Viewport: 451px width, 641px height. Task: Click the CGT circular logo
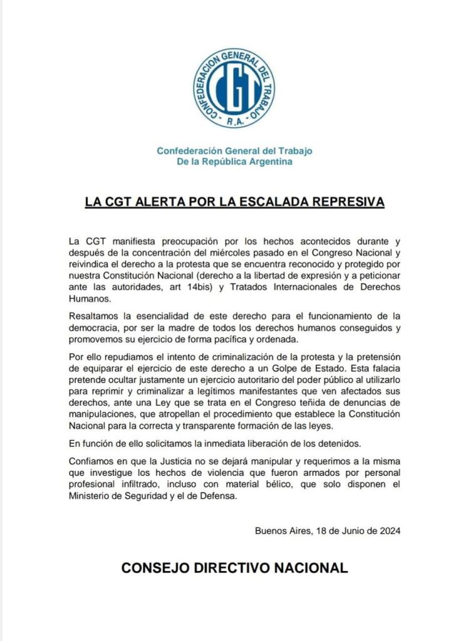click(x=234, y=88)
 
